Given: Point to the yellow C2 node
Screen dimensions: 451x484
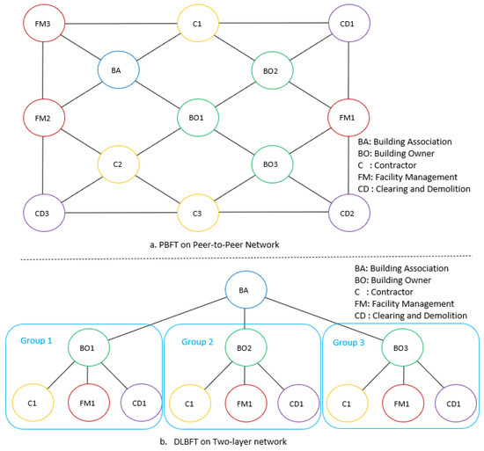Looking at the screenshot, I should click(117, 164).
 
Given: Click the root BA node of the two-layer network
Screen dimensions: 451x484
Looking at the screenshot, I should click(245, 291).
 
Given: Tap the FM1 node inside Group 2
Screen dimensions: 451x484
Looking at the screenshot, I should click(245, 403).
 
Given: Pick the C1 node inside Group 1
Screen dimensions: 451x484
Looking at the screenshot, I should click(33, 403).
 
